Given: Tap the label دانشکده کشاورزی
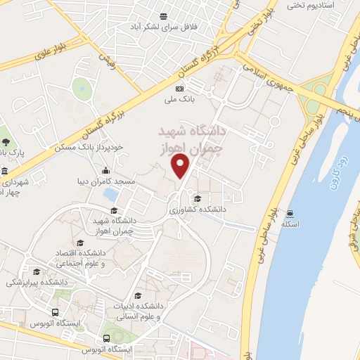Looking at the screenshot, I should click(x=198, y=209).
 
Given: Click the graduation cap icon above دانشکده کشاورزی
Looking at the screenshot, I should click(x=197, y=198).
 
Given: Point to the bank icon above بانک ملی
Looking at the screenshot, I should click(x=179, y=89).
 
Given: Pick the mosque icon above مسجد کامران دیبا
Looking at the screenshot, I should click(x=106, y=170).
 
